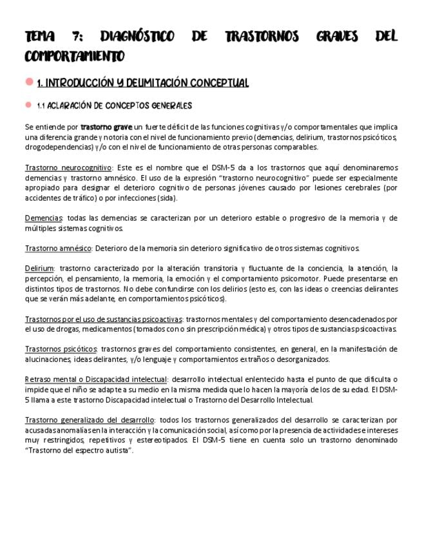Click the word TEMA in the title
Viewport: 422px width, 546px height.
[x=39, y=37]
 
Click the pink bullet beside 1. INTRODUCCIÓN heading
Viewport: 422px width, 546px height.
[x=29, y=82]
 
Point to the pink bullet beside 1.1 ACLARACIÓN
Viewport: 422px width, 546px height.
[x=29, y=105]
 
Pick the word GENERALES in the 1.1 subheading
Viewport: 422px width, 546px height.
[x=169, y=106]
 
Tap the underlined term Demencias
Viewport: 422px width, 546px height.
[x=44, y=218]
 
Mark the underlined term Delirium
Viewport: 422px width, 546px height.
[x=39, y=268]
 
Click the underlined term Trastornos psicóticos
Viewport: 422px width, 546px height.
[x=61, y=349]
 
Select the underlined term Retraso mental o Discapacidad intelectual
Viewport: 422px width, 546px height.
[x=96, y=379]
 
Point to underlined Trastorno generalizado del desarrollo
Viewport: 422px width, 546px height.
[x=90, y=420]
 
